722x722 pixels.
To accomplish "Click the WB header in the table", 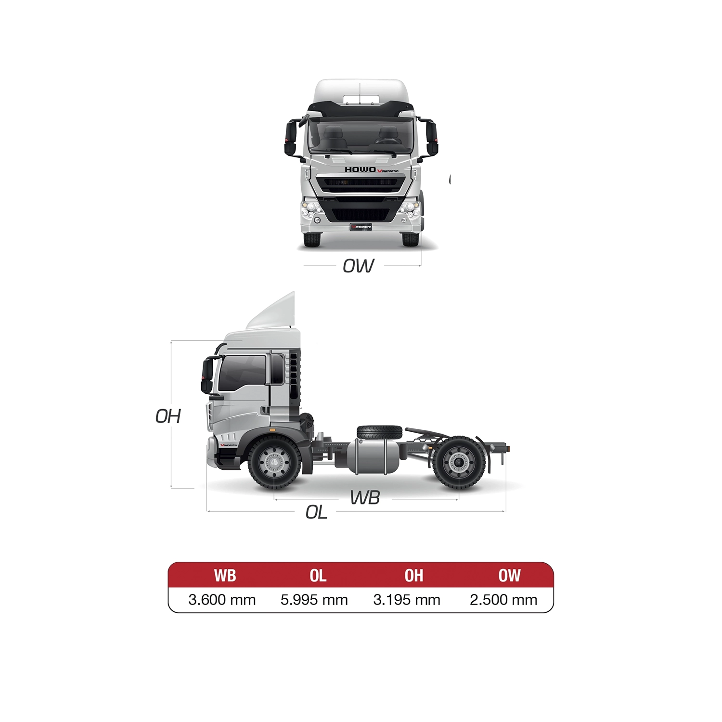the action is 225,575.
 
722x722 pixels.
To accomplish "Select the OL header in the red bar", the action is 318,575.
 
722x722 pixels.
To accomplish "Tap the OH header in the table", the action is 414,575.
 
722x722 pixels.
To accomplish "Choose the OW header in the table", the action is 509,575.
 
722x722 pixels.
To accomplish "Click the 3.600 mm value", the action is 222,600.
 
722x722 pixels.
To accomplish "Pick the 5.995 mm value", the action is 314,600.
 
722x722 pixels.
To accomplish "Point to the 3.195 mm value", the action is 407,600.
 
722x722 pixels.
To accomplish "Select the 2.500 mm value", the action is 503,600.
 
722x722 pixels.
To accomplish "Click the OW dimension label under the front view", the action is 358,266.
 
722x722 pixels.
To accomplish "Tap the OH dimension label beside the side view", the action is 168,416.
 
